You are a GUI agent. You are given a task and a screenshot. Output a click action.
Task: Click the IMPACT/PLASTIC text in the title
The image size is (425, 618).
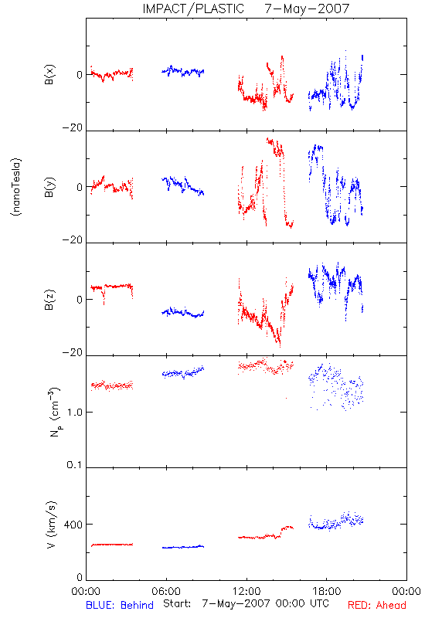pyautogui.click(x=193, y=8)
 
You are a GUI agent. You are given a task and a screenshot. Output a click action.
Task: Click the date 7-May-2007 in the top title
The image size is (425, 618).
pyautogui.click(x=307, y=8)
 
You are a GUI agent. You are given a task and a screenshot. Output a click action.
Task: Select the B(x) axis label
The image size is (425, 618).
pyautogui.click(x=50, y=74)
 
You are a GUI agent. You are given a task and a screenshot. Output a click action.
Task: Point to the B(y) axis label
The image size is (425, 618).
pyautogui.click(x=50, y=187)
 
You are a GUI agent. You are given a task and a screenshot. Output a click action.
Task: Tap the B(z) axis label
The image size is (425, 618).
pyautogui.click(x=50, y=300)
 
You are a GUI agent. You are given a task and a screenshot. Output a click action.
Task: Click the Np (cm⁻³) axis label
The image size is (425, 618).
pyautogui.click(x=54, y=412)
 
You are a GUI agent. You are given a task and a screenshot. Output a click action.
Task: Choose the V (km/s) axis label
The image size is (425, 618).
pyautogui.click(x=51, y=525)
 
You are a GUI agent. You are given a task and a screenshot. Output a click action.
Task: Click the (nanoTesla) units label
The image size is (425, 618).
pyautogui.click(x=16, y=187)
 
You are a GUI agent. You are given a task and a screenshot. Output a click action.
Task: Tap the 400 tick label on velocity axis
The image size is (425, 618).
pyautogui.click(x=73, y=525)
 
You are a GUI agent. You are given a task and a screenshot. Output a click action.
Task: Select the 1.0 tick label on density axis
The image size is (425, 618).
pyautogui.click(x=75, y=413)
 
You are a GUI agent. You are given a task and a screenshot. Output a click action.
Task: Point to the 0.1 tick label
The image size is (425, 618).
pyautogui.click(x=75, y=465)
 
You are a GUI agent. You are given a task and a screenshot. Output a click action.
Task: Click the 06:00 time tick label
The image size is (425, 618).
pyautogui.click(x=166, y=591)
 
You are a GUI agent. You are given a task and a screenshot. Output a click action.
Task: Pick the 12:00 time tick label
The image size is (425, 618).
pyautogui.click(x=246, y=591)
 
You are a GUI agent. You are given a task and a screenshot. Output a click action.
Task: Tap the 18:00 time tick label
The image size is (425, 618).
pyautogui.click(x=327, y=591)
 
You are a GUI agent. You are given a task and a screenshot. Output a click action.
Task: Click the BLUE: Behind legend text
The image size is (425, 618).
pyautogui.click(x=120, y=605)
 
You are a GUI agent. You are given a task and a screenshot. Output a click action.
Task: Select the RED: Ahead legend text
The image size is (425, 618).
pyautogui.click(x=376, y=605)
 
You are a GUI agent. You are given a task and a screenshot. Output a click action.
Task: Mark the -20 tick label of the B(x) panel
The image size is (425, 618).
pyautogui.click(x=73, y=127)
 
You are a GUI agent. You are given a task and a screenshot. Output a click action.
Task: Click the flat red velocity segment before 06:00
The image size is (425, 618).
pyautogui.click(x=112, y=545)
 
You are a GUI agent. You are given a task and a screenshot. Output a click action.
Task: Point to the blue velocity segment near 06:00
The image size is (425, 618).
pyautogui.click(x=183, y=547)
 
